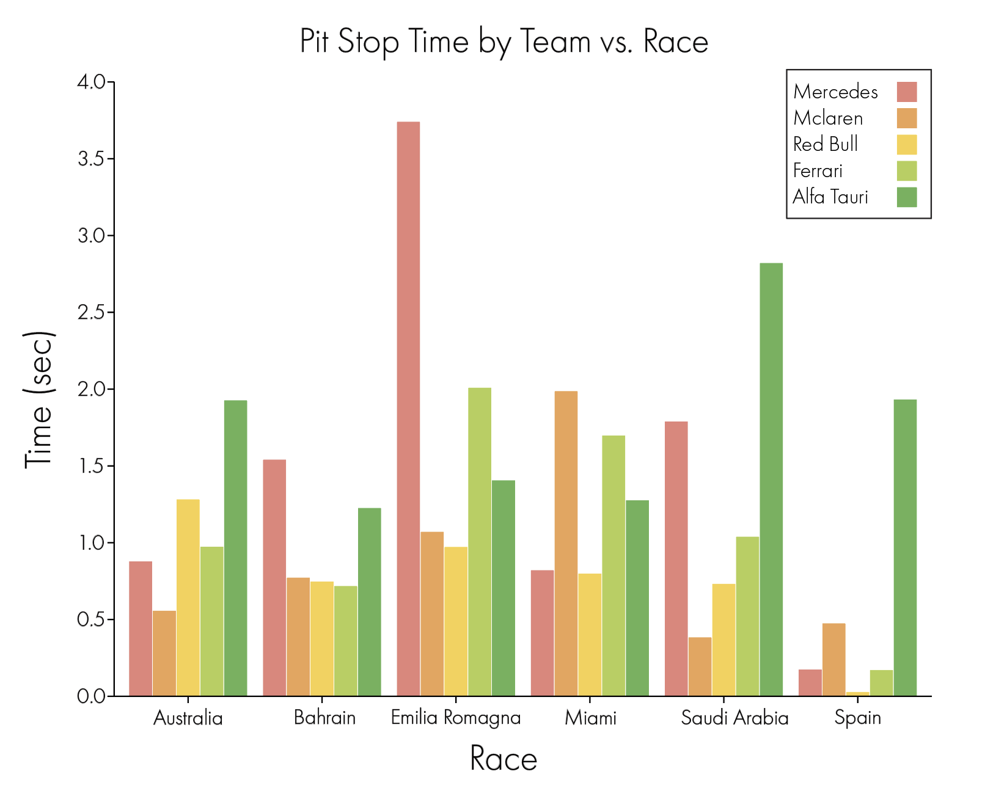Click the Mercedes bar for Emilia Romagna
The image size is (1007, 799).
(x=408, y=409)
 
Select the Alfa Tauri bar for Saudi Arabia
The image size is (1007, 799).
(x=771, y=480)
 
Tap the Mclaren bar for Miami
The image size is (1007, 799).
(x=566, y=543)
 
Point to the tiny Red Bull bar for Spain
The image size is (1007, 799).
(x=858, y=694)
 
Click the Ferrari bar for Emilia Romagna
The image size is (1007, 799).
(x=480, y=542)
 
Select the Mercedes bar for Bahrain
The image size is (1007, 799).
(x=274, y=577)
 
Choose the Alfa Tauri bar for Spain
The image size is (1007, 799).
(x=905, y=547)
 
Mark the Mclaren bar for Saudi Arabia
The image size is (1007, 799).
(x=700, y=666)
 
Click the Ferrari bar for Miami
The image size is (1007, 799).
(x=613, y=566)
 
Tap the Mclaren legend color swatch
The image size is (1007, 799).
(x=907, y=118)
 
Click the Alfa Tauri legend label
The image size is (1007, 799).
(x=830, y=197)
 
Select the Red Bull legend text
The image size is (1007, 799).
(x=826, y=144)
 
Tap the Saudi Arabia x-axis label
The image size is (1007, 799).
(x=734, y=718)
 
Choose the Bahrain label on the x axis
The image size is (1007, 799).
(x=324, y=718)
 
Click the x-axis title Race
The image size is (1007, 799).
(x=503, y=759)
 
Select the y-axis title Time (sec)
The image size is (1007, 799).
(x=39, y=400)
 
